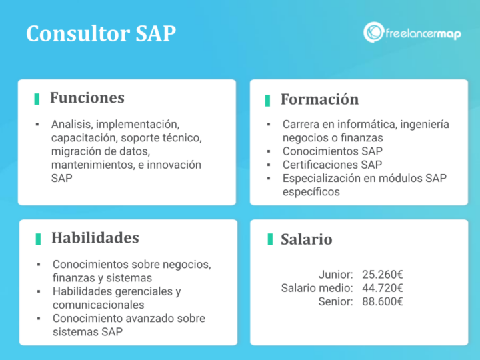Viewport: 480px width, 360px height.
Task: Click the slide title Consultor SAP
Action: tap(101, 33)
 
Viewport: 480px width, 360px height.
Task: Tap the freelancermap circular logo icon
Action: tap(373, 32)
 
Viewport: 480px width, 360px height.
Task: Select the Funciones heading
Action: tap(87, 98)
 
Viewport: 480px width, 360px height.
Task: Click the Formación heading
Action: tap(319, 99)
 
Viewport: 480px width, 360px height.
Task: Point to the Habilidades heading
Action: tap(95, 238)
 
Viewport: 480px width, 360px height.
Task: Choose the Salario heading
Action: tap(306, 239)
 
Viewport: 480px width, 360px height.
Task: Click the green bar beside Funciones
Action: tap(37, 99)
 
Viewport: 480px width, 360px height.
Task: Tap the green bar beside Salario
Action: tap(269, 239)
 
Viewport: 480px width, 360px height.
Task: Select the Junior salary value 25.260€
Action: tap(383, 274)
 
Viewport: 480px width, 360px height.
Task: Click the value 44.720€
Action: tap(383, 288)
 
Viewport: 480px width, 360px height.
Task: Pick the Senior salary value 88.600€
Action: tap(383, 302)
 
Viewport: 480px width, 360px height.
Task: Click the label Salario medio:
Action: tap(317, 288)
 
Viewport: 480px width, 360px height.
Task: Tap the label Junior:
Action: tap(335, 274)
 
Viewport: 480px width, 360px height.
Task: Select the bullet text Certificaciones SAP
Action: tap(332, 165)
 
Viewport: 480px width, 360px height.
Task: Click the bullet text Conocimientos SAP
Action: tap(332, 151)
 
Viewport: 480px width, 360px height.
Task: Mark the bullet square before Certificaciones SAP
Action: tap(268, 165)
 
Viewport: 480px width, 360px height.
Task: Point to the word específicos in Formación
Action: tap(311, 192)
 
